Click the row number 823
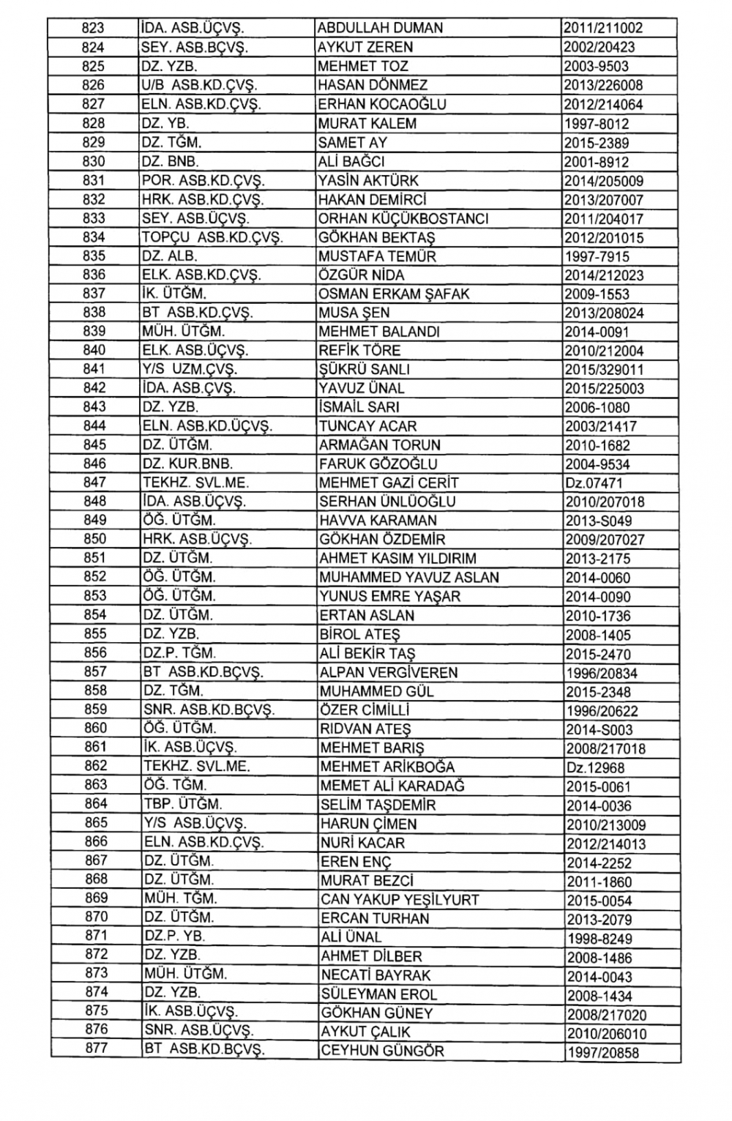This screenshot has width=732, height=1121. pos(93,29)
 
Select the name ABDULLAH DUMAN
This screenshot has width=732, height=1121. pos(381,29)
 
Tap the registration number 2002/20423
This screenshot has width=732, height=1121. pos(600,48)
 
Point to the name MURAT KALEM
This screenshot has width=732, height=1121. pos(367,124)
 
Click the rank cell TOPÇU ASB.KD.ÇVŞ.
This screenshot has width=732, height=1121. pos(212,237)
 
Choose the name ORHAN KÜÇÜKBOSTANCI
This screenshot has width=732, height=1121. pos(403,218)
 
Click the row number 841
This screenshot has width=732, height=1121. pos(94,369)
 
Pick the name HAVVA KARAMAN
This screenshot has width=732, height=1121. pos(378,521)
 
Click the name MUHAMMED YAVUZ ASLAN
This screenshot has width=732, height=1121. pos(409,577)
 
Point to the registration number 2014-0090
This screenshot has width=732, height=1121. pos(597,597)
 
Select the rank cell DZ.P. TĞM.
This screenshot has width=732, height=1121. pos(179,653)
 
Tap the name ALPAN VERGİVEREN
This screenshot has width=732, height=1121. pos(389,672)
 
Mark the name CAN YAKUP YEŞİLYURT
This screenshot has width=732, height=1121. pos(400,899)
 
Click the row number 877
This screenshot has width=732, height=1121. pos(95,1049)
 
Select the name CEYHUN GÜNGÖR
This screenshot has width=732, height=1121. pos(382,1051)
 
